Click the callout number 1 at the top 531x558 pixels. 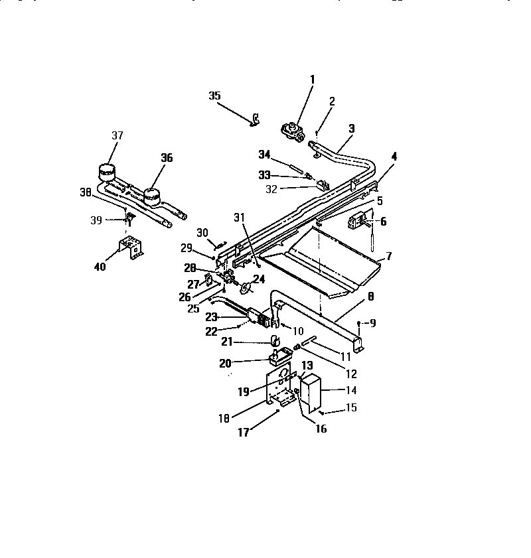(312, 80)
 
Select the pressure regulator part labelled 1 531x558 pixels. (293, 131)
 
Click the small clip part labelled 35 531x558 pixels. (254, 121)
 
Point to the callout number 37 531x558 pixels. (117, 136)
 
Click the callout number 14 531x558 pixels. (350, 391)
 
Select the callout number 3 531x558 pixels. (352, 128)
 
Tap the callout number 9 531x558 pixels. (372, 324)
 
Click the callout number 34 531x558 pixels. (264, 155)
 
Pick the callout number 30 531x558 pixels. (202, 232)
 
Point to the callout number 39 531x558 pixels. (96, 220)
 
